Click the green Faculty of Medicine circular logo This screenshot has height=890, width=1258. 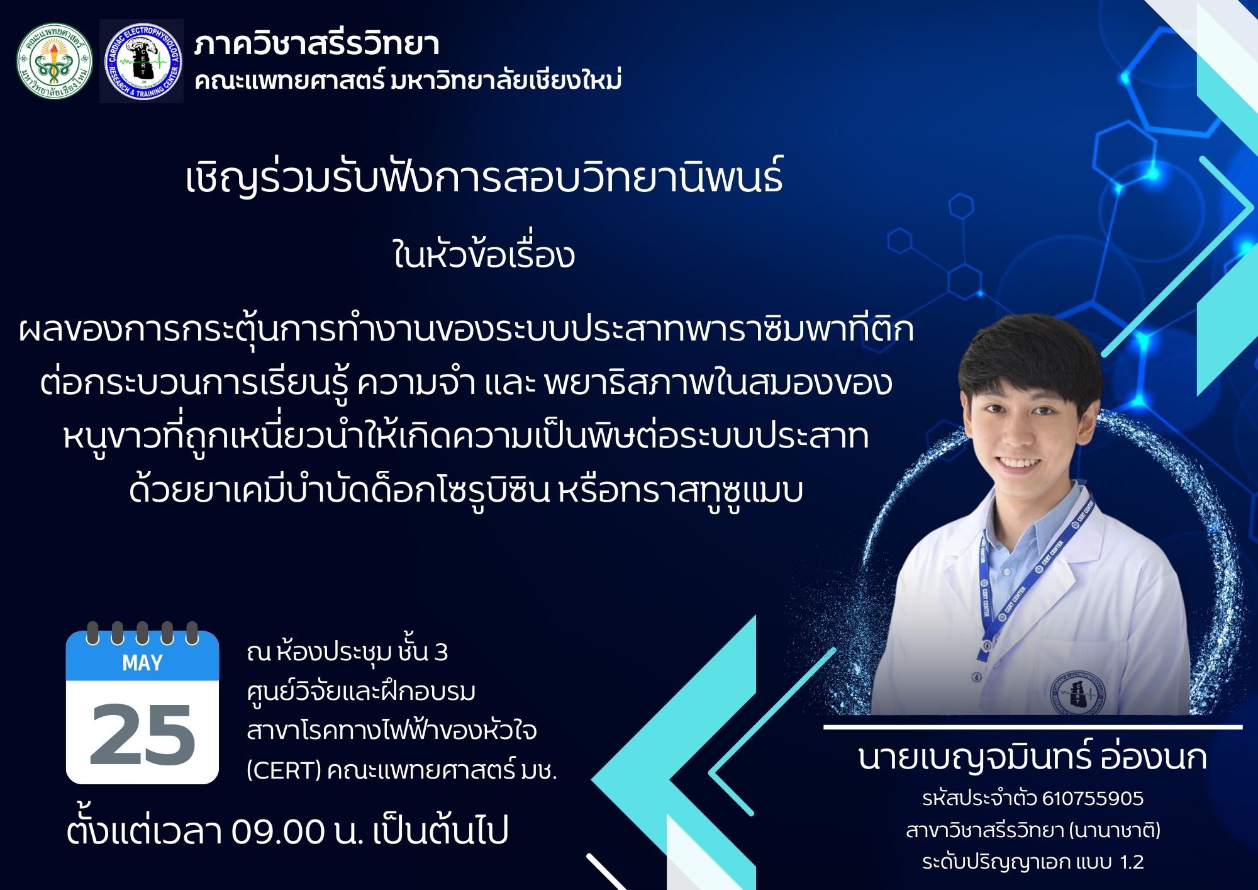pyautogui.click(x=55, y=61)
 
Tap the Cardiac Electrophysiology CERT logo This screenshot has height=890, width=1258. pyautogui.click(x=142, y=61)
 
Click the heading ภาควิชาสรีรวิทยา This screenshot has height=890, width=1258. pyautogui.click(x=316, y=44)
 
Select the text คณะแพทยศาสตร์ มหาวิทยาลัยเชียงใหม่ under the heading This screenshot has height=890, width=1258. pyautogui.click(x=408, y=81)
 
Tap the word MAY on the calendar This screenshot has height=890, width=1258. pyautogui.click(x=142, y=663)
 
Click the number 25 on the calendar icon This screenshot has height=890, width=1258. pyautogui.click(x=142, y=735)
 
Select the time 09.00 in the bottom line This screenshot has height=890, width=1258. pyautogui.click(x=277, y=831)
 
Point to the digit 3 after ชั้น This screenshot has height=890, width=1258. pyautogui.click(x=441, y=653)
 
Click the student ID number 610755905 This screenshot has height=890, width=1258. pyautogui.click(x=1093, y=798)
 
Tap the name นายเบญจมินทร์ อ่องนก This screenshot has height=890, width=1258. pyautogui.click(x=1033, y=757)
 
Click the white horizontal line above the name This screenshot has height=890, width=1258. pyautogui.click(x=1033, y=727)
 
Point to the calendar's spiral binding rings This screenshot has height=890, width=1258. pyautogui.click(x=142, y=633)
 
